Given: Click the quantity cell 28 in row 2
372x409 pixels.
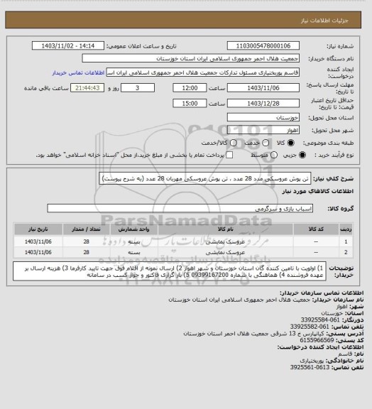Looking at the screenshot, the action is (x=87, y=252).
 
